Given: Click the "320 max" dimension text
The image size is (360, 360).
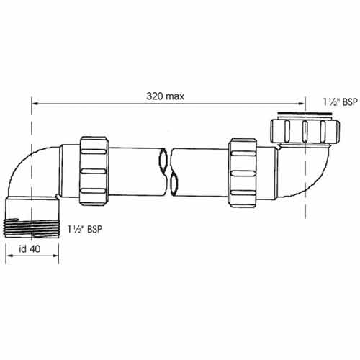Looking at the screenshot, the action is tap(166, 96).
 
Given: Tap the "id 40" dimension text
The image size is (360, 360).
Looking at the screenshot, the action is tap(30, 249).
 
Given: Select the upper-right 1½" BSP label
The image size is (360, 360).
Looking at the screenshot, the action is tap(340, 102).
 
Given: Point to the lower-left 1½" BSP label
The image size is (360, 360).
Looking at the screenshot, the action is tap(85, 229).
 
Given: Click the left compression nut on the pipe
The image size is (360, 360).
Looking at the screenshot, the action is tap(94, 171).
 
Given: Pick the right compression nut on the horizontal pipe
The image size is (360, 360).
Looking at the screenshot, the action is tap(243, 173).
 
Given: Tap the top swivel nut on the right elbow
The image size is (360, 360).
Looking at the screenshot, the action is tap(305, 131).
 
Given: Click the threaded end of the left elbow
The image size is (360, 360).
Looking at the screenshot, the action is tap(32, 228).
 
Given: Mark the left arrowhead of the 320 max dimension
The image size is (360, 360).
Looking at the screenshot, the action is tap(35, 104).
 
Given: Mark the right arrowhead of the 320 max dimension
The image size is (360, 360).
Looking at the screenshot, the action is tap(302, 104).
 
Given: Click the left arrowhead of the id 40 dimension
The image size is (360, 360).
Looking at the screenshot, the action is tap(9, 256).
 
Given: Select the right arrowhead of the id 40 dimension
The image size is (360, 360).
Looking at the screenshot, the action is tap(55, 256).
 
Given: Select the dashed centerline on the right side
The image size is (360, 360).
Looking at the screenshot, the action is tap(305, 157).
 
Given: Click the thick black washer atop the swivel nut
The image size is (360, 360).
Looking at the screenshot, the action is tap(305, 113).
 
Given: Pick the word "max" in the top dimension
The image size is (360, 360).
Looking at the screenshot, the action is tap(174, 96).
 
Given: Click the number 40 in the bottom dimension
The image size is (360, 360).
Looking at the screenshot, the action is tap(35, 249).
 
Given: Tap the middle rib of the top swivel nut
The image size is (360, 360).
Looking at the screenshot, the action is tap(305, 131).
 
